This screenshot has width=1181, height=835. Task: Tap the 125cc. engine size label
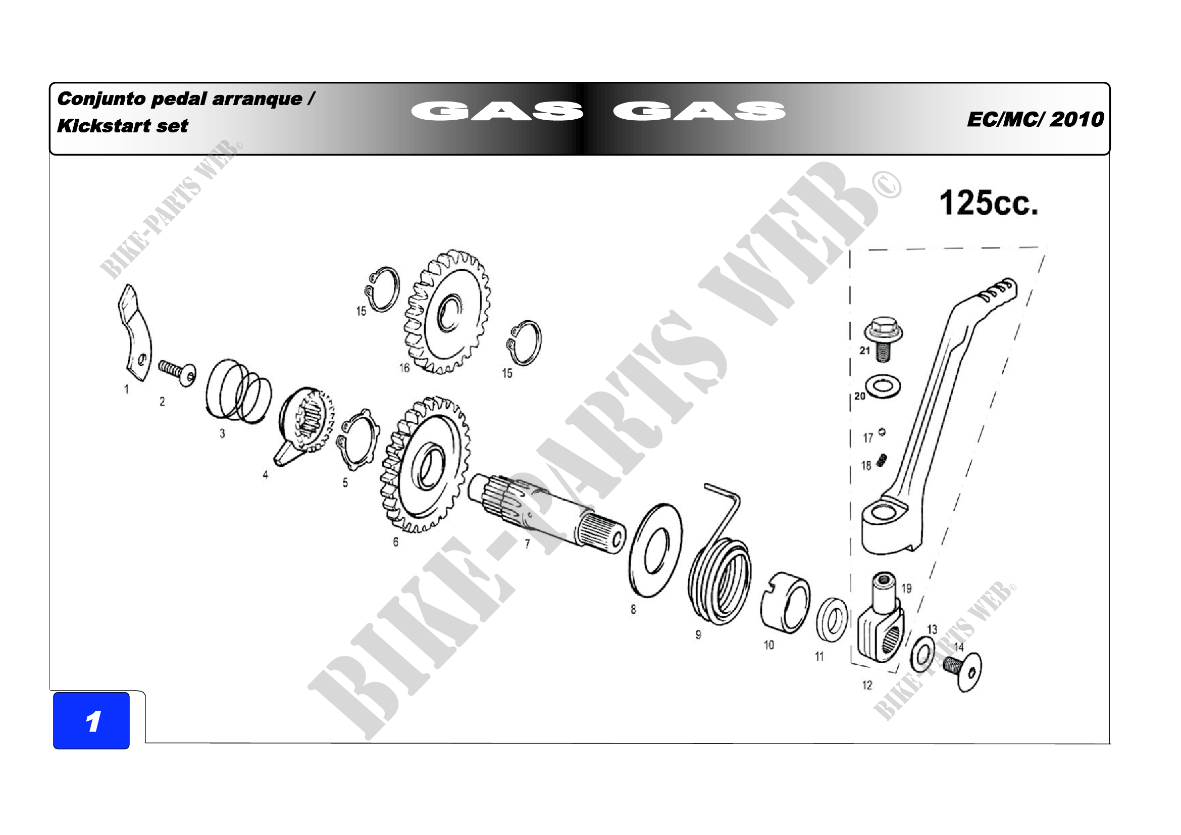[x=988, y=203]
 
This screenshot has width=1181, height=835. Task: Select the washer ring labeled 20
[x=883, y=386]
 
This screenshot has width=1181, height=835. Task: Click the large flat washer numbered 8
[x=655, y=551]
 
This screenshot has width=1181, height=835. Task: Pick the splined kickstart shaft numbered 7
[x=546, y=514]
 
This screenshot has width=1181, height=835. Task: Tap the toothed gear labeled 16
[x=446, y=312]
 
